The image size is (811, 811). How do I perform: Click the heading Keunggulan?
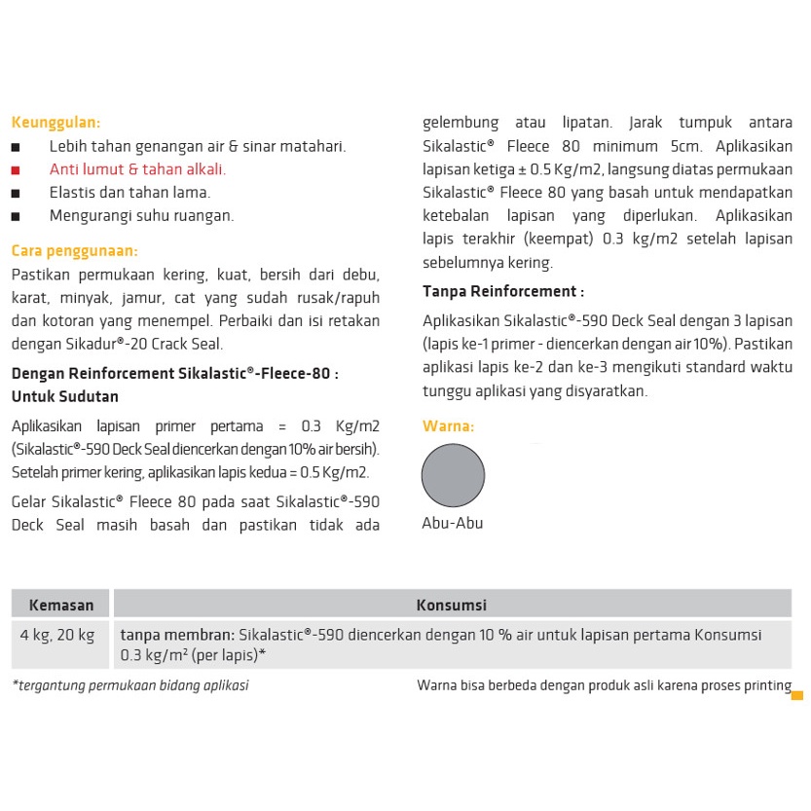(x=55, y=123)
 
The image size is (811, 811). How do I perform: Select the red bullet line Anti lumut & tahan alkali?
(x=137, y=169)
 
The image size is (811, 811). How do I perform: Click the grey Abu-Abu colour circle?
(x=453, y=475)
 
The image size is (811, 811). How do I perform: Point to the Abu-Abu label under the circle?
(x=452, y=523)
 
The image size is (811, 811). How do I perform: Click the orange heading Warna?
(x=448, y=426)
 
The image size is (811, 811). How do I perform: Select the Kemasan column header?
(x=61, y=605)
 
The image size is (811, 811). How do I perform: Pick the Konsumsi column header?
(x=452, y=605)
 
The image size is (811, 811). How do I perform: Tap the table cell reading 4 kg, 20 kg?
(x=57, y=635)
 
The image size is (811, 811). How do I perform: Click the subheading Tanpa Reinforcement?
(x=502, y=291)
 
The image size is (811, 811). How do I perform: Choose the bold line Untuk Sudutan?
(x=65, y=396)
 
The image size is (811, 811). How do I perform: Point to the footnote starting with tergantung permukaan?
(x=130, y=685)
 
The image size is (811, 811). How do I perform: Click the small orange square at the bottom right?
(x=796, y=695)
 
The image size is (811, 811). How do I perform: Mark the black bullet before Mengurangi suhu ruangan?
(x=16, y=216)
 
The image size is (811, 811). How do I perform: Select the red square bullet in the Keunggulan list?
(x=16, y=169)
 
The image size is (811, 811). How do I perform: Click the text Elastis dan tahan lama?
(x=129, y=192)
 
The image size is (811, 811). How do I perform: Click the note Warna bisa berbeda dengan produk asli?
(x=604, y=685)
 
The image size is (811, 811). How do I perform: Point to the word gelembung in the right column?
(x=461, y=123)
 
